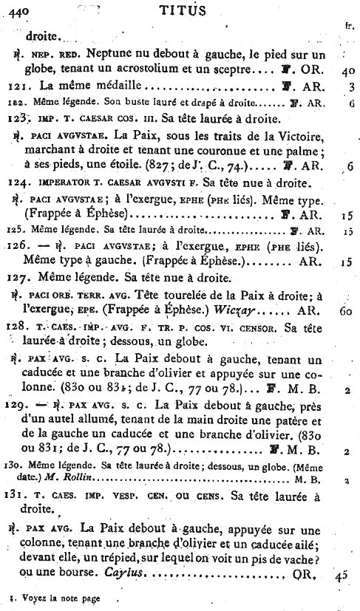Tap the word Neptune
111,55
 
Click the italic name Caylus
136,576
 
